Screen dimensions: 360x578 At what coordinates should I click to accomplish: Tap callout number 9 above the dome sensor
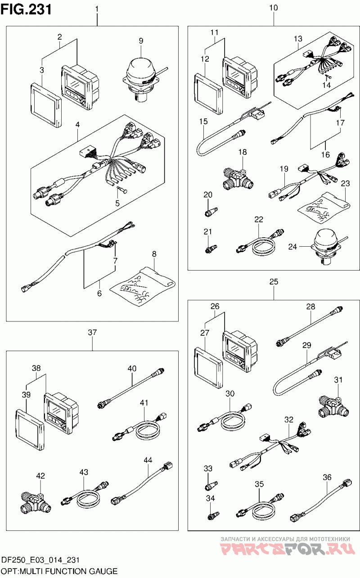[141, 41]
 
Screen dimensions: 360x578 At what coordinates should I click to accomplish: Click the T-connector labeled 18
[238, 178]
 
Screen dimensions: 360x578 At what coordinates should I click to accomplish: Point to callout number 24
[292, 247]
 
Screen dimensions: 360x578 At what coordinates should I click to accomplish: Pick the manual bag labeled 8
[143, 287]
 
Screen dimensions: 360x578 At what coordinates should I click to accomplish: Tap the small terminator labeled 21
[211, 249]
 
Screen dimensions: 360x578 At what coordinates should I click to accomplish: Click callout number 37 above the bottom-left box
[92, 332]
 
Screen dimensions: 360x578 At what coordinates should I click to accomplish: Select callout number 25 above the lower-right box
[274, 281]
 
